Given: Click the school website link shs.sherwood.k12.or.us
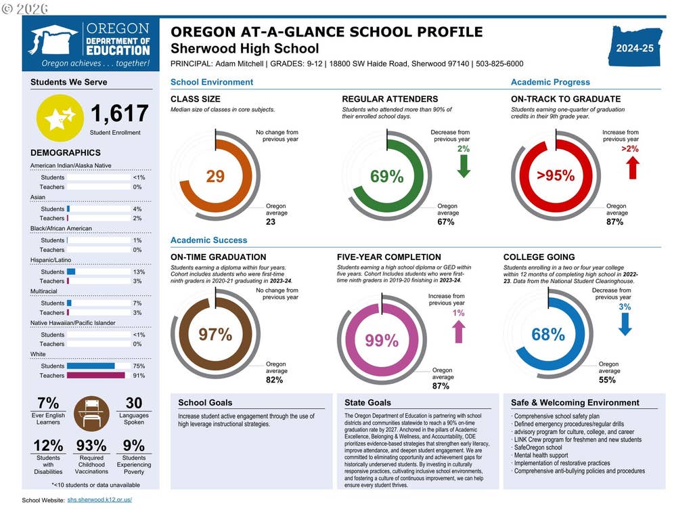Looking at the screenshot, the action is point(99,500).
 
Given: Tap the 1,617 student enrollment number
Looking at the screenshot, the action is point(119,113).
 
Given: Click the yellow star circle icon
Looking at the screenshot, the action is point(60,118).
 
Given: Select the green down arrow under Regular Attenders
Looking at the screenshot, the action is point(464,167).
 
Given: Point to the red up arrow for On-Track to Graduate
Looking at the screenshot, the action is point(633,168).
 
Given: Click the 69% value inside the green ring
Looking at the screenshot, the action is point(386,177).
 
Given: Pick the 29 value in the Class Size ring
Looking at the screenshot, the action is point(215,177).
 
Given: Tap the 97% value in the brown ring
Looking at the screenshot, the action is point(215,334).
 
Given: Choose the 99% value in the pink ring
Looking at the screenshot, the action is point(382,341).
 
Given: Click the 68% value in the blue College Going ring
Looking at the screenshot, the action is point(548,334).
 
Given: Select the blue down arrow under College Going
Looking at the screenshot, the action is point(625,324).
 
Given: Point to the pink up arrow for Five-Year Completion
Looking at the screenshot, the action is point(458,332).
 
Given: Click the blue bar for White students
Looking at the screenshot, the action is point(91,366).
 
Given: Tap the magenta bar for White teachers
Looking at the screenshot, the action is point(96,375).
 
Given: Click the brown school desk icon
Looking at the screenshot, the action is point(91,414).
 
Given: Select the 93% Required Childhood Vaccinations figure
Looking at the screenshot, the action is point(91,446).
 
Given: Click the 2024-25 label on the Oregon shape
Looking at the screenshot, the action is point(635,48).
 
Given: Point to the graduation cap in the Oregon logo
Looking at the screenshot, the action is point(52,39).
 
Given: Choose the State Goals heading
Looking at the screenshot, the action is point(367,402).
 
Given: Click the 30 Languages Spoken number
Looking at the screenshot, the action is point(134,403).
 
